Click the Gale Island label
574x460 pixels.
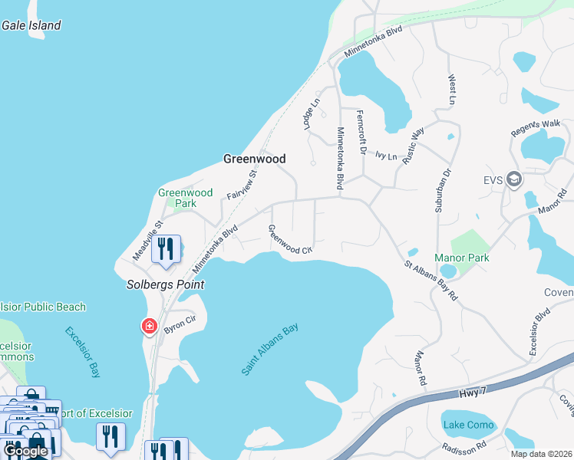pyautogui.click(x=31, y=25)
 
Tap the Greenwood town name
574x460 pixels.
pyautogui.click(x=254, y=159)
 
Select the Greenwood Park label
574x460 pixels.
pyautogui.click(x=185, y=198)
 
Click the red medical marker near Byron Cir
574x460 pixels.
pyautogui.click(x=149, y=327)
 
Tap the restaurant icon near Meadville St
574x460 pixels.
pyautogui.click(x=166, y=249)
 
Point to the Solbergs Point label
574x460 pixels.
pyautogui.click(x=166, y=284)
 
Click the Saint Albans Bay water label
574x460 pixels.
pyautogui.click(x=269, y=350)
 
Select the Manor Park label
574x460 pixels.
pyautogui.click(x=462, y=258)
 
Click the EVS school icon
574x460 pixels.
pyautogui.click(x=513, y=180)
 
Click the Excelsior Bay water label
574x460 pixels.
pyautogui.click(x=82, y=353)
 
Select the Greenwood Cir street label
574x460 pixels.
pyautogui.click(x=290, y=239)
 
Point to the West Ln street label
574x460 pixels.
pyautogui.click(x=452, y=90)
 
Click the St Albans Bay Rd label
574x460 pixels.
pyautogui.click(x=431, y=280)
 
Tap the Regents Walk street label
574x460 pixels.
pyautogui.click(x=536, y=128)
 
